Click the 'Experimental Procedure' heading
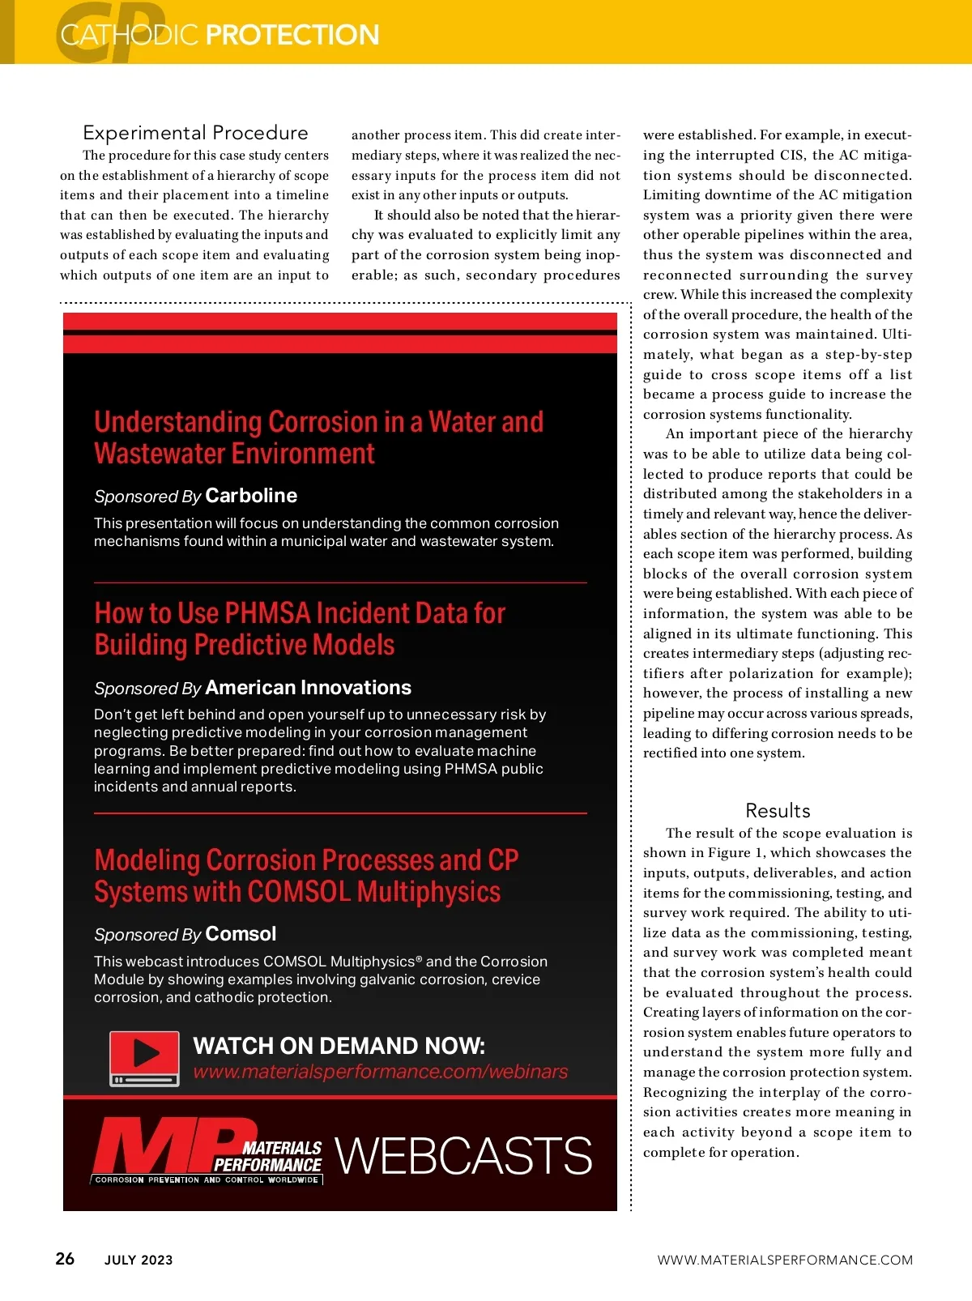pos(195,133)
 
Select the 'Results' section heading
pos(778,810)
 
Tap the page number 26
pos(65,1258)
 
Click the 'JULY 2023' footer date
pos(139,1260)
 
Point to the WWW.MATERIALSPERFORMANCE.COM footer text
pos(784,1260)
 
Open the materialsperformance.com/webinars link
pos(380,1072)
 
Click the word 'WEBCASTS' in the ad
pos(463,1155)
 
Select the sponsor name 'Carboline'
pos(251,496)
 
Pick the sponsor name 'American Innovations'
pos(308,688)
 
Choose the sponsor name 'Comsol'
pos(241,934)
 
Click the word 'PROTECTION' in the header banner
pos(292,35)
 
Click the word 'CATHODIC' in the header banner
pos(130,35)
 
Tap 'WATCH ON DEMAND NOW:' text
pos(339,1046)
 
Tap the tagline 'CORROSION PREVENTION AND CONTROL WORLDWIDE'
pos(207,1180)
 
